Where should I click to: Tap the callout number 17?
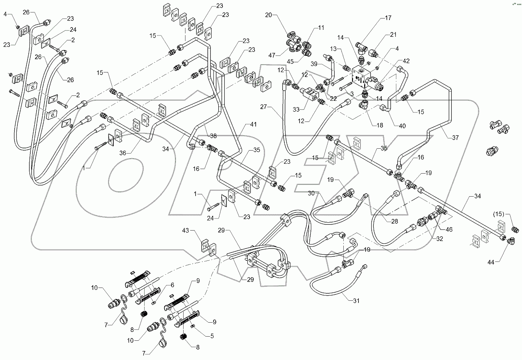(388, 18)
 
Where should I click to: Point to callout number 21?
(394, 34)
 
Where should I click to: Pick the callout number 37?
(456, 138)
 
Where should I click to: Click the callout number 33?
(296, 110)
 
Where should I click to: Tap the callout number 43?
(185, 230)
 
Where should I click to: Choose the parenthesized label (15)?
(499, 214)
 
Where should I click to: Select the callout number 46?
(449, 229)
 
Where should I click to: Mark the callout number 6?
(172, 285)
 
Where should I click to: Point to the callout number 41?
(252, 124)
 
